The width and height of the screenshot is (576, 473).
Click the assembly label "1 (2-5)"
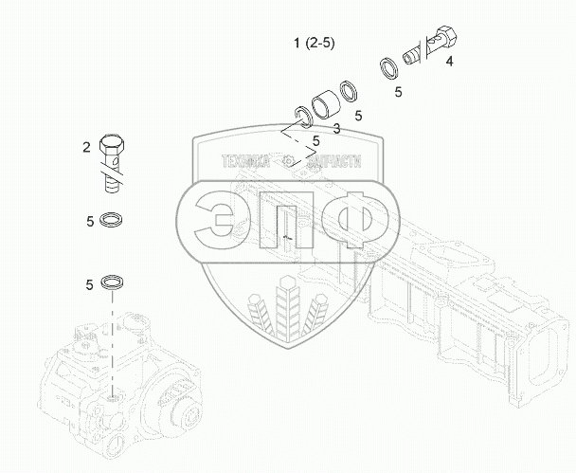[315, 44]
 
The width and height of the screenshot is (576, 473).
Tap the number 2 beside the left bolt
[86, 147]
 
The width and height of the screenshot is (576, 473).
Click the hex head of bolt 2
[112, 144]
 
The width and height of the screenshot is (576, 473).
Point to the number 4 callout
[450, 61]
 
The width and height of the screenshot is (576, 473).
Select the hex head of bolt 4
[446, 36]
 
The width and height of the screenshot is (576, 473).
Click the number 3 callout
[336, 128]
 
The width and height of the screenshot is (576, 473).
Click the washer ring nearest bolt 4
[389, 69]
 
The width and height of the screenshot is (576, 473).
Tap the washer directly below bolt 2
[111, 220]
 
